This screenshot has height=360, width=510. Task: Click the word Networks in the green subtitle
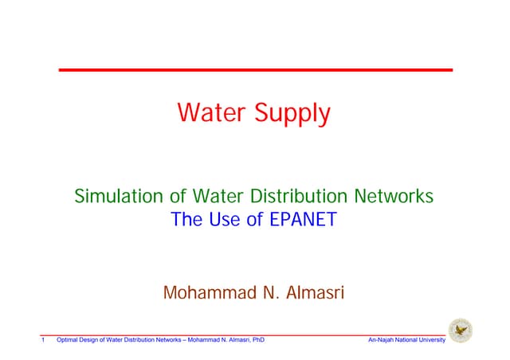click(x=396, y=195)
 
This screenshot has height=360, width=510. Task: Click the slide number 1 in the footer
click(x=42, y=341)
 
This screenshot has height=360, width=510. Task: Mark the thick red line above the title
click(x=255, y=70)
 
